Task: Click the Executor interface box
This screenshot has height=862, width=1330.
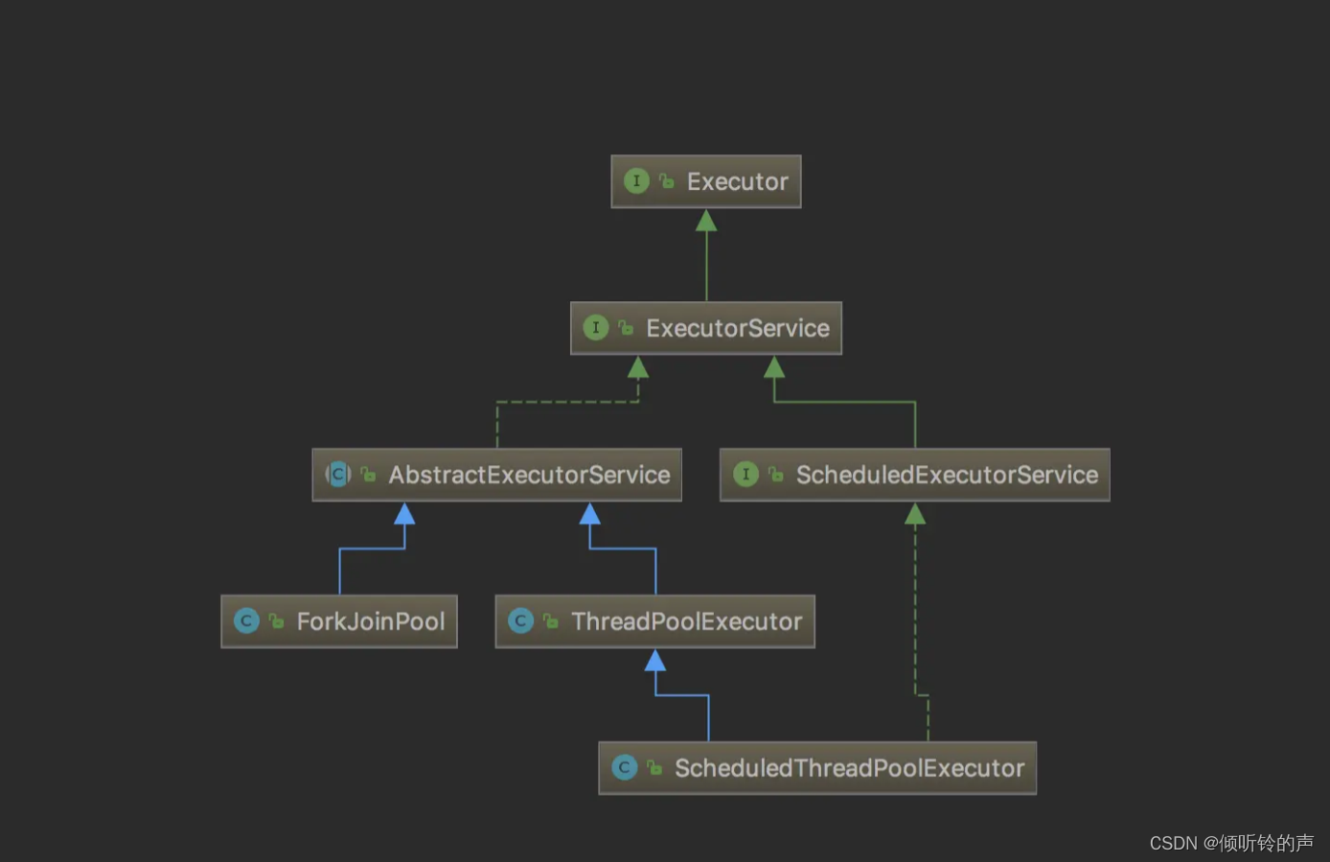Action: [706, 181]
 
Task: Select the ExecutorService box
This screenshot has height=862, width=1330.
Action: [706, 328]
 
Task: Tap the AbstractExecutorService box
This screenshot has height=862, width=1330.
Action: [496, 475]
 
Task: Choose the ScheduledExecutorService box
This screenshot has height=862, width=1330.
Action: [914, 475]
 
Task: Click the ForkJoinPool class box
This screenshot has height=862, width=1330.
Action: [339, 621]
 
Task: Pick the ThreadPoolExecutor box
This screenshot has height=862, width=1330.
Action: [654, 621]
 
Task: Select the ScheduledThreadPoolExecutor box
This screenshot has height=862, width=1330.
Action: [817, 768]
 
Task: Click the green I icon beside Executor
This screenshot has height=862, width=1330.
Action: [636, 181]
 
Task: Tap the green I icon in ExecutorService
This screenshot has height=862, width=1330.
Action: [595, 328]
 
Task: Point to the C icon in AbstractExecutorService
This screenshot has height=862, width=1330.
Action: [338, 474]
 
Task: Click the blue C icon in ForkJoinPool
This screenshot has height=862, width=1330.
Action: [246, 621]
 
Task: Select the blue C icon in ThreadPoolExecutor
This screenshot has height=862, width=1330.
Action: [520, 621]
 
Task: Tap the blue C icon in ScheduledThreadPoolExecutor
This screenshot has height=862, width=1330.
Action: [624, 768]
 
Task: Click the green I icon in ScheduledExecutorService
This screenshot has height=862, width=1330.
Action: [745, 474]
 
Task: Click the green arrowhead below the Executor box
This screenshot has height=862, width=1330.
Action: [706, 221]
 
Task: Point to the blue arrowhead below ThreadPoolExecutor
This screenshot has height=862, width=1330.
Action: [655, 661]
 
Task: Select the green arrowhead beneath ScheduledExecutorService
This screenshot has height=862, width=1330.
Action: [915, 515]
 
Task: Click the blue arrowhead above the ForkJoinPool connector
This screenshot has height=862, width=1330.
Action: [404, 515]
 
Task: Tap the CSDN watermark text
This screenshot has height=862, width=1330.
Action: [1230, 843]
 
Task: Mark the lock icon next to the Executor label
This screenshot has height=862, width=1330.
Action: [667, 181]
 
